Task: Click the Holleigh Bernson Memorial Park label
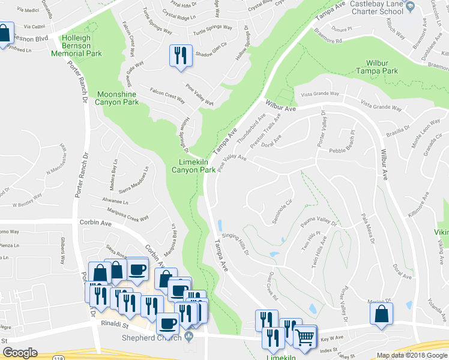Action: coord(84,45)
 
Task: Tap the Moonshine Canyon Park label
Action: coord(118,98)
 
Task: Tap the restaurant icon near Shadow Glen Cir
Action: coord(181,56)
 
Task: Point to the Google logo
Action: coord(20,353)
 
